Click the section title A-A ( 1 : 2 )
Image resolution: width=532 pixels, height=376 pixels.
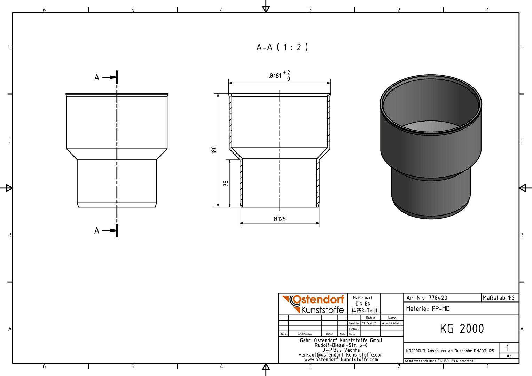[x=282, y=47]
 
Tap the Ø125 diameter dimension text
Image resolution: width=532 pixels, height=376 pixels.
[x=280, y=219]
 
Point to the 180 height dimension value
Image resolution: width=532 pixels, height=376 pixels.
[x=214, y=150]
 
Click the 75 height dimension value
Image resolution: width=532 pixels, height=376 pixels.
[x=226, y=183]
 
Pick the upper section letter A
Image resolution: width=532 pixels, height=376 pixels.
[x=97, y=77]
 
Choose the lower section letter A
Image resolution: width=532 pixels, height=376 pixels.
[x=97, y=230]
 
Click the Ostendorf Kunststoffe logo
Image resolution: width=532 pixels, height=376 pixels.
[x=313, y=304]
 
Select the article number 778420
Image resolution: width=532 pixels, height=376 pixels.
[x=438, y=298]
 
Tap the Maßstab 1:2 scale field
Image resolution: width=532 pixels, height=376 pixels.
[x=499, y=298]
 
